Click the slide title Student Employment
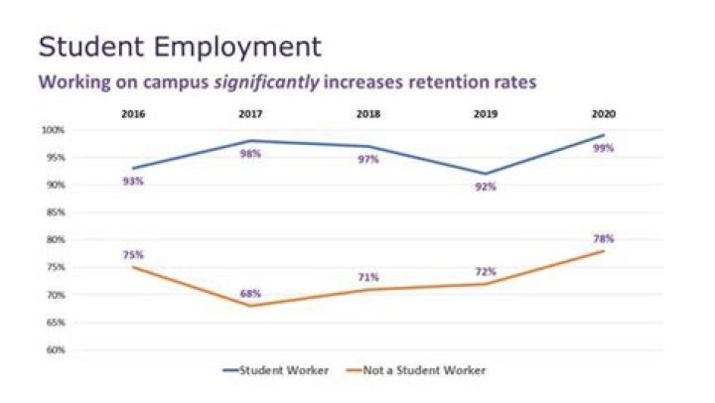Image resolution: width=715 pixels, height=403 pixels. pos(180,47)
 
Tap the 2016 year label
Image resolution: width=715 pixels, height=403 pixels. pos(132,114)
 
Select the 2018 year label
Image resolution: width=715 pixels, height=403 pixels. pos(367,114)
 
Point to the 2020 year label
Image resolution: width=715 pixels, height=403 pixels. pos(603,114)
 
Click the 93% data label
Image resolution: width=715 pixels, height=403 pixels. pos(133,181)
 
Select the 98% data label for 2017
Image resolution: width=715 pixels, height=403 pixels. pos(250,153)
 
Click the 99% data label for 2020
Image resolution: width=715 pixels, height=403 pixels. pos(604,148)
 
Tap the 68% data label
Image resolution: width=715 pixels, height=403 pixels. pos(250,294)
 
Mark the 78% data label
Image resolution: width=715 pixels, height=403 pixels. pos(604,238)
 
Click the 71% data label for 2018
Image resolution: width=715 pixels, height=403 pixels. pos(368,277)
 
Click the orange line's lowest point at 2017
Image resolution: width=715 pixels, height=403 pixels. pos(250,306)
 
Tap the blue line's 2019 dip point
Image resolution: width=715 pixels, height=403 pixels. pos(486,174)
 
